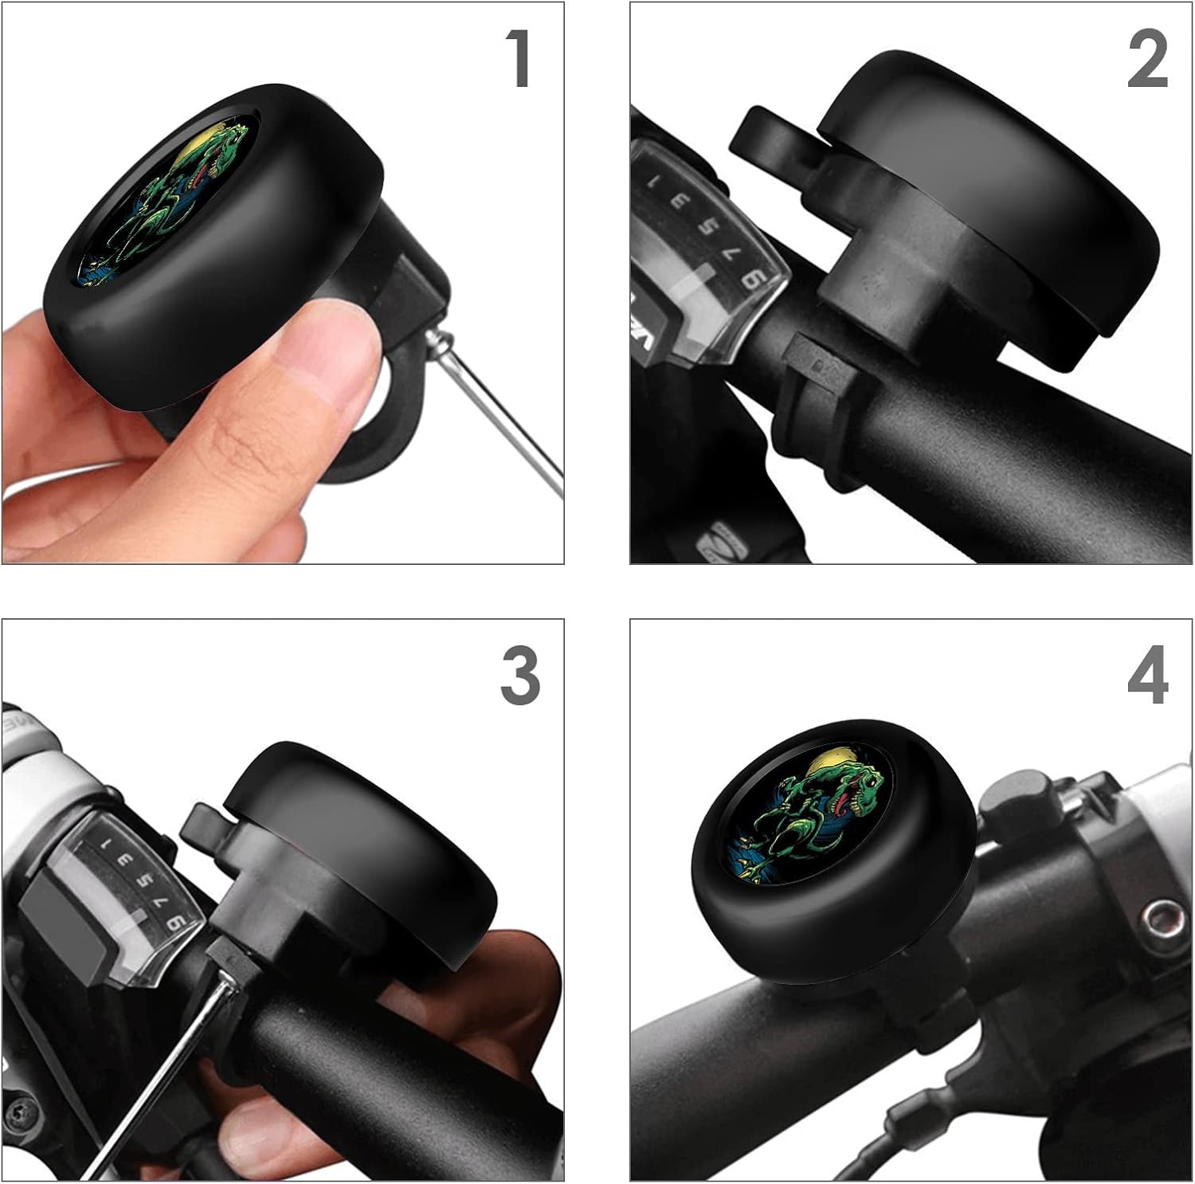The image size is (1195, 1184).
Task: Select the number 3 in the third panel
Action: point(519,675)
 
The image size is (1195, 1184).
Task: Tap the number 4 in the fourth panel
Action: point(1147,675)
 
